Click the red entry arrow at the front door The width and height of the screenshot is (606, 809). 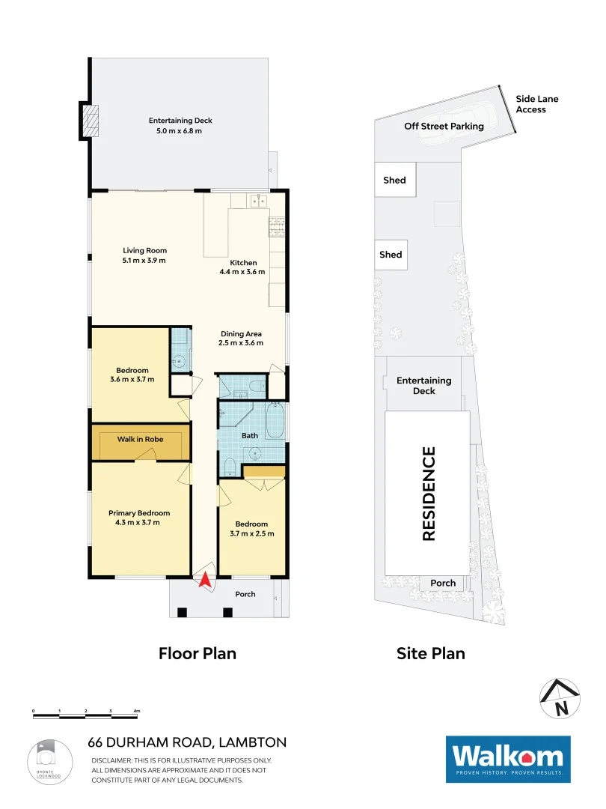[203, 580]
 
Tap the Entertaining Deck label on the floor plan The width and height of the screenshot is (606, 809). [180, 121]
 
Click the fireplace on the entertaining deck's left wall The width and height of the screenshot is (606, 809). [90, 121]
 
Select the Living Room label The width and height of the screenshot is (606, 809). [145, 251]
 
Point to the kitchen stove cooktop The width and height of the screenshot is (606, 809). [277, 224]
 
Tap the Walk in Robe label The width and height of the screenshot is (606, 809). [140, 439]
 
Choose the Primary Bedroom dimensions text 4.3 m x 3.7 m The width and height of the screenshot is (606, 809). [139, 523]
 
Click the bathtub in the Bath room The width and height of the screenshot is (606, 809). [275, 423]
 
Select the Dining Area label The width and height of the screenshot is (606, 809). [241, 334]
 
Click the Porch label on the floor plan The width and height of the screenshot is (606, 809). [245, 594]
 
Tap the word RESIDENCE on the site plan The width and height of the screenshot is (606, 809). [429, 493]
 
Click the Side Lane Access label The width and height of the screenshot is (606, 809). [536, 104]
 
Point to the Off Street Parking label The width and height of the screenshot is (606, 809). [444, 126]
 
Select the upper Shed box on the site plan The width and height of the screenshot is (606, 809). [395, 180]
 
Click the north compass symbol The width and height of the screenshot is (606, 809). [560, 697]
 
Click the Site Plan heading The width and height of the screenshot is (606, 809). [430, 653]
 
